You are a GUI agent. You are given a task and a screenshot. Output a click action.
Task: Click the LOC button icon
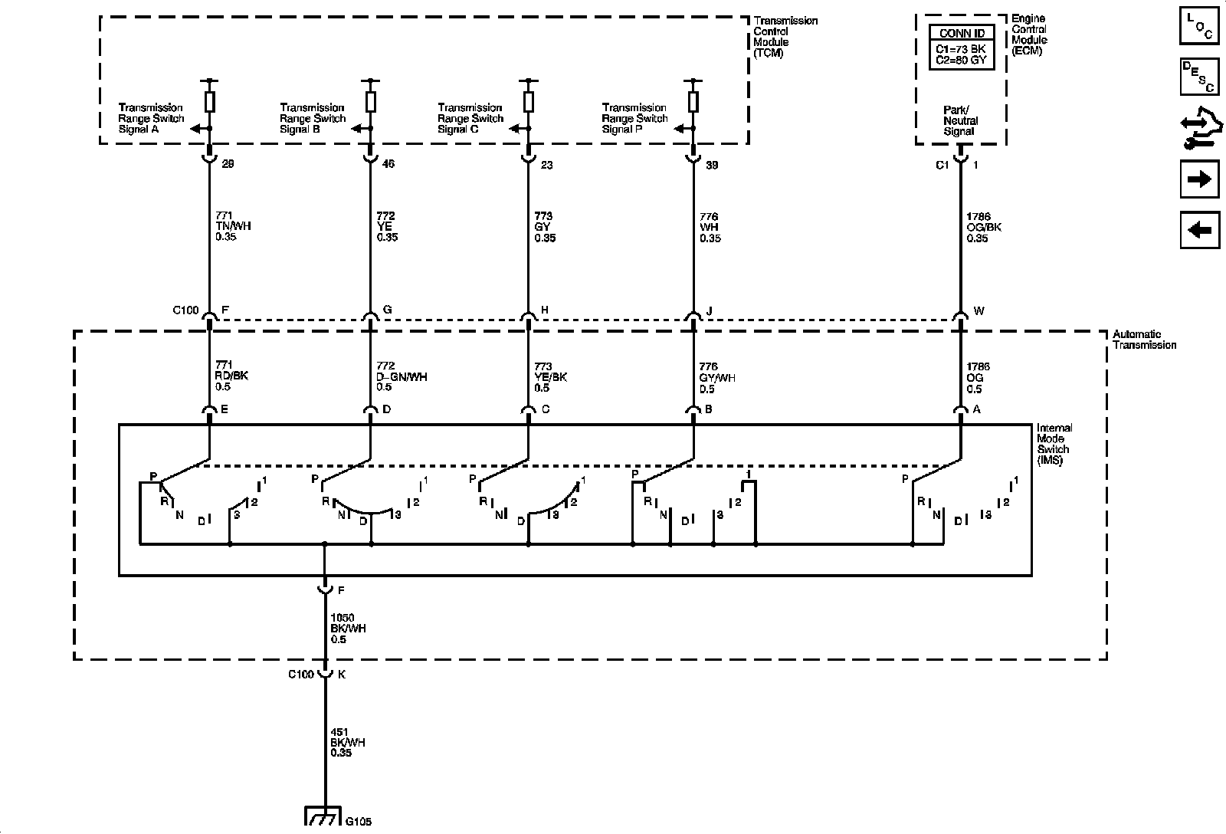pyautogui.click(x=1199, y=25)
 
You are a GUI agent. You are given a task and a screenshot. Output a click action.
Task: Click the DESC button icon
pyautogui.click(x=1199, y=77)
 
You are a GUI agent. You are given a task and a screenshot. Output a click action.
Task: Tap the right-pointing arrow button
pyautogui.click(x=1199, y=179)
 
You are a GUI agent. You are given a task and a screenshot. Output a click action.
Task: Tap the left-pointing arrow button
pyautogui.click(x=1199, y=229)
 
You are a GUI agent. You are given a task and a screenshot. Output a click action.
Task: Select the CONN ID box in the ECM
pyautogui.click(x=962, y=48)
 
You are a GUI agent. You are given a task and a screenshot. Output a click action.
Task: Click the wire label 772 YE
pyautogui.click(x=388, y=227)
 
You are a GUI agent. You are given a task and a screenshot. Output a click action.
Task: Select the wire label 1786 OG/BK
pyautogui.click(x=984, y=227)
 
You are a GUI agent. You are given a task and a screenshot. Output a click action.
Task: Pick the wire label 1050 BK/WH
pyautogui.click(x=348, y=629)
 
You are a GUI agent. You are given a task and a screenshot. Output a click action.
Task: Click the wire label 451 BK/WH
pyautogui.click(x=348, y=743)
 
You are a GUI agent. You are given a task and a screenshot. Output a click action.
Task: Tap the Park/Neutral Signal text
pyautogui.click(x=960, y=121)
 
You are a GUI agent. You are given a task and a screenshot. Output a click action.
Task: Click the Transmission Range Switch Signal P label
pyautogui.click(x=634, y=119)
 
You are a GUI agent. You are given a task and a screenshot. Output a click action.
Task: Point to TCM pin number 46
pyautogui.click(x=388, y=164)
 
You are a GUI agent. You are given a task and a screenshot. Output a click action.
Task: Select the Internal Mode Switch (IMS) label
pyautogui.click(x=1054, y=445)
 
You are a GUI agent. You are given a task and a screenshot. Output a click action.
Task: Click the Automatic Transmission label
pyautogui.click(x=1144, y=340)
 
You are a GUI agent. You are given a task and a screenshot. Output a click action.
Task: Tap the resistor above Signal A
pyautogui.click(x=210, y=101)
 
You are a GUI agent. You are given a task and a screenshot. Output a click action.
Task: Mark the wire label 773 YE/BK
pyautogui.click(x=551, y=377)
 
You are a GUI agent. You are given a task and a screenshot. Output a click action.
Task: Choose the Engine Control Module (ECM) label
pyautogui.click(x=1029, y=34)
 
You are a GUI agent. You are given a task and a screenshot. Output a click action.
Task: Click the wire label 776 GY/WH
pyautogui.click(x=716, y=377)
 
